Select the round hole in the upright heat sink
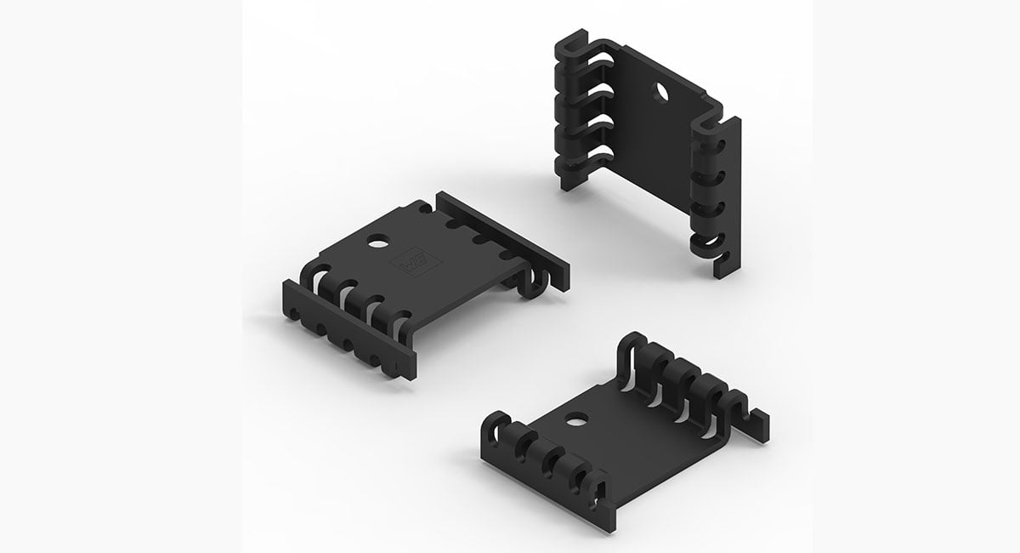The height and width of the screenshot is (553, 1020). point(660,91)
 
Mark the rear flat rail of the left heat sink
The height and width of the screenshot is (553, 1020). point(501,236)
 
